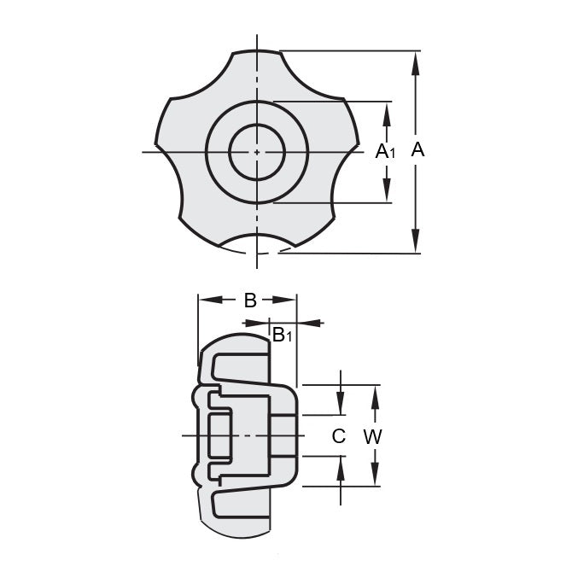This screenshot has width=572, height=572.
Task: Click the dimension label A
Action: coord(417,150)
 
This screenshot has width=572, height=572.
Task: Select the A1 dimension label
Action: coord(386,152)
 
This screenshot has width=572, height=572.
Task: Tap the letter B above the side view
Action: coord(250,300)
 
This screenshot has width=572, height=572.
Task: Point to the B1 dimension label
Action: coord(282,336)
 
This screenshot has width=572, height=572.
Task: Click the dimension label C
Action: coord(339,436)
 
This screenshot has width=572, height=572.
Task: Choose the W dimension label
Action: coord(373,436)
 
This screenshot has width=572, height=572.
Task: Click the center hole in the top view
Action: coord(257,152)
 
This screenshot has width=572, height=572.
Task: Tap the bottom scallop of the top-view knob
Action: coord(257,243)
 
